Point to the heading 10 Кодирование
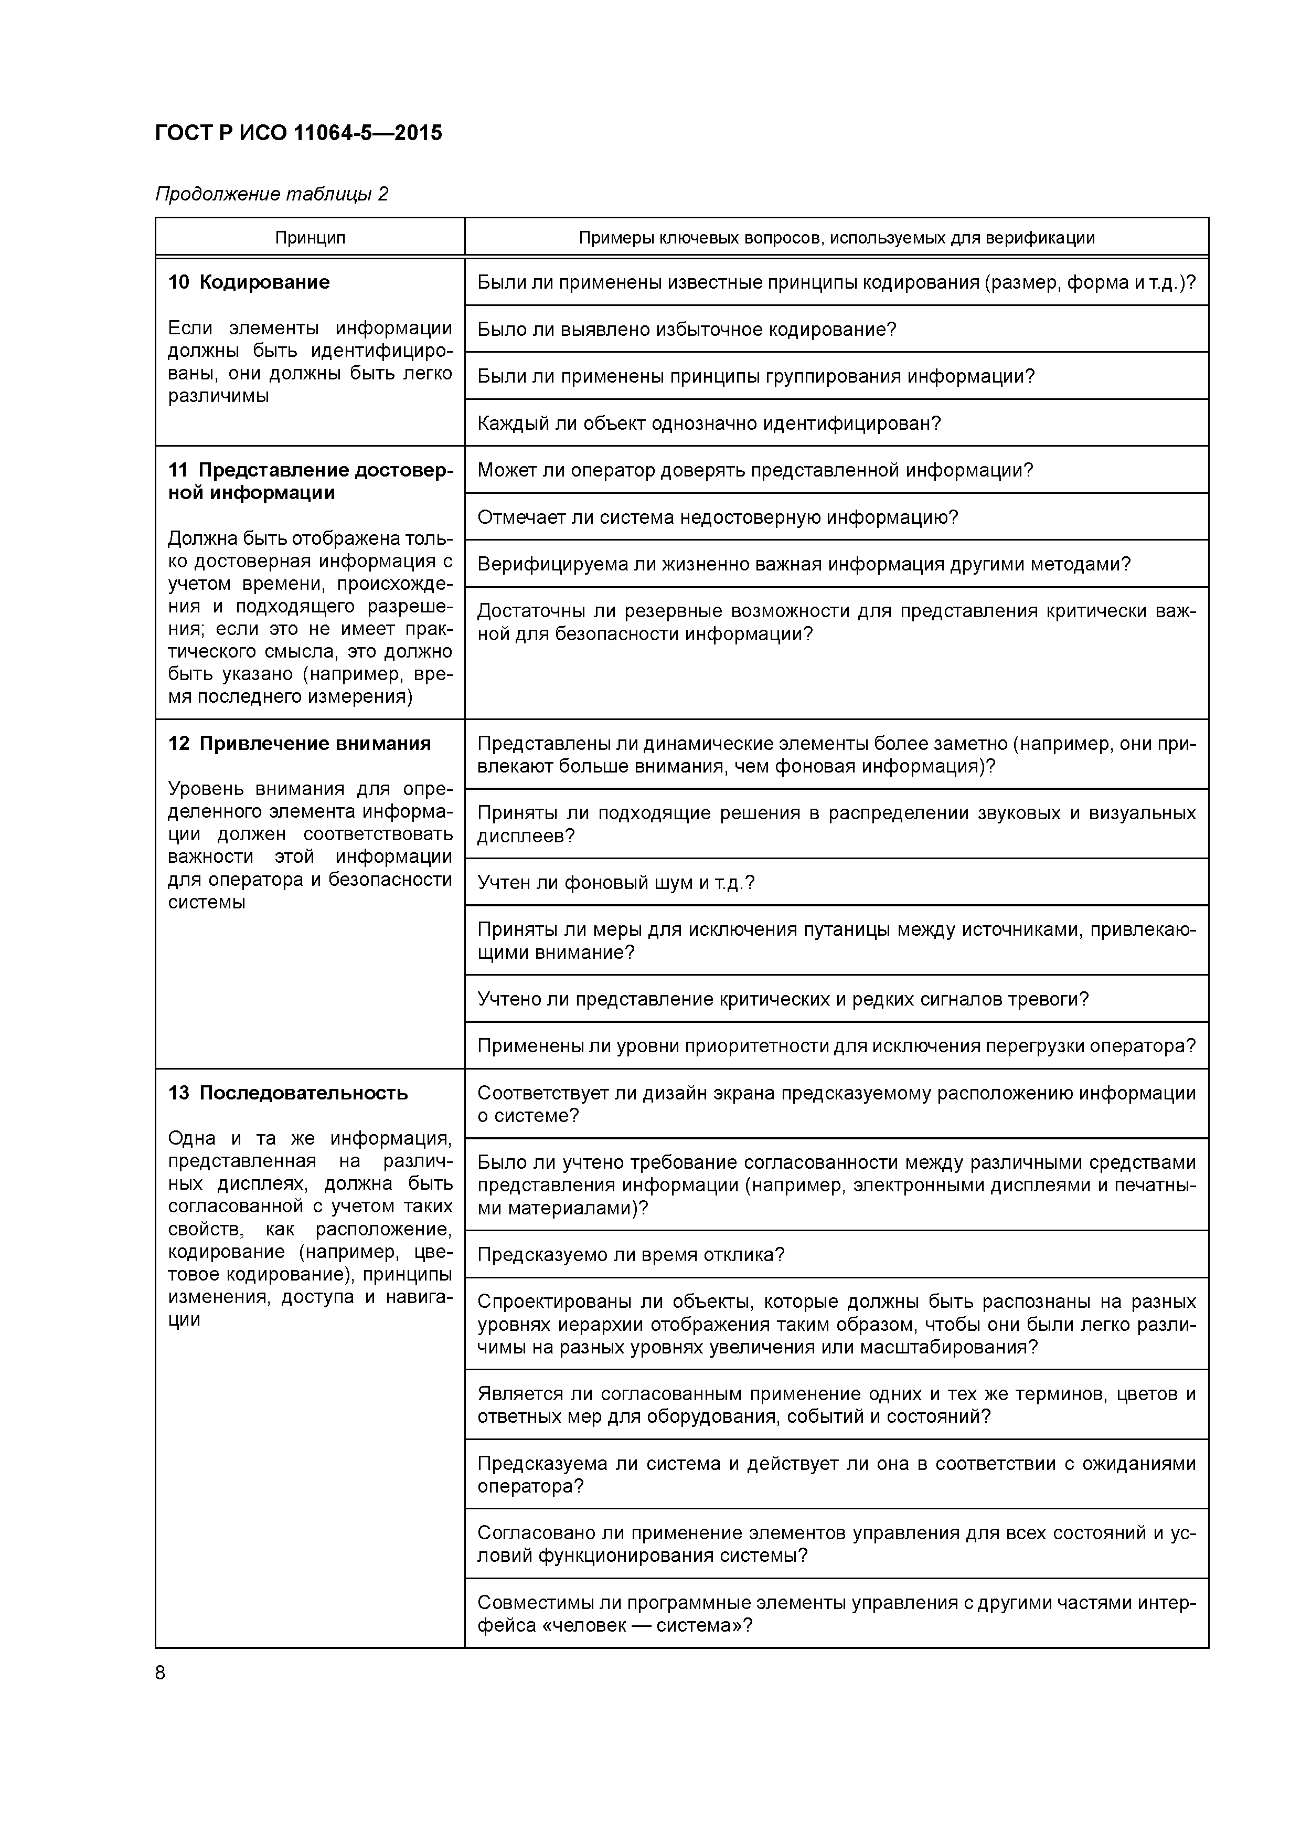[249, 282]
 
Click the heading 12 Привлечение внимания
[299, 743]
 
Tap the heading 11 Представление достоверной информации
[310, 481]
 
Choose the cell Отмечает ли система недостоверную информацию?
[718, 517]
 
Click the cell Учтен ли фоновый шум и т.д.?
[616, 883]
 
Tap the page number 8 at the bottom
[161, 1673]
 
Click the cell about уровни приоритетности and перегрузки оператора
[836, 1045]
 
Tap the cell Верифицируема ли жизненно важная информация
[803, 564]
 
